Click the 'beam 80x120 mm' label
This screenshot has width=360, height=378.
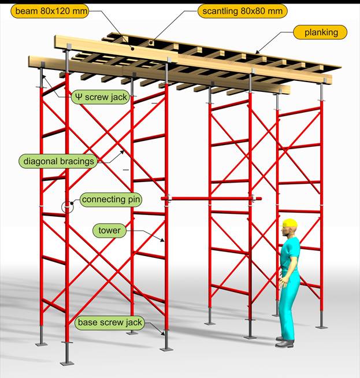tap(50, 11)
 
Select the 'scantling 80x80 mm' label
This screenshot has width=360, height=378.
tap(243, 11)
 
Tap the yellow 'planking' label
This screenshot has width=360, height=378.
tap(320, 32)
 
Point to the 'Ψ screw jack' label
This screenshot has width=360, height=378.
tap(101, 97)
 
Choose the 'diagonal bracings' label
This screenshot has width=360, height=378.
tap(58, 161)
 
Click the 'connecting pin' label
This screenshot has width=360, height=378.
tap(110, 199)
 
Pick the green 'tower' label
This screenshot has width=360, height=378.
tap(109, 231)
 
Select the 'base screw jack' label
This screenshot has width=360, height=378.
tap(110, 323)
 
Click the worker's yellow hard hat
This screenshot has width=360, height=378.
tap(290, 223)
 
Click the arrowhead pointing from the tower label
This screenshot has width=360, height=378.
tap(162, 240)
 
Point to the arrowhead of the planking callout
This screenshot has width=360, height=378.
tap(257, 52)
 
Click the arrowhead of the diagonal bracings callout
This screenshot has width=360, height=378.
tap(123, 153)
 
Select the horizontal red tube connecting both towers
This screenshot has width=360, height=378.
tap(211, 199)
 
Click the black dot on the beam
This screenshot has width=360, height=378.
tap(132, 49)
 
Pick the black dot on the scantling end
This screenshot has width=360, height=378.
tap(151, 43)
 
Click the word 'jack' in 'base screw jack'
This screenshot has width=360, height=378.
tap(133, 323)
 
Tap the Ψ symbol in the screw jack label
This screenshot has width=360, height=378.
tap(79, 97)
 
